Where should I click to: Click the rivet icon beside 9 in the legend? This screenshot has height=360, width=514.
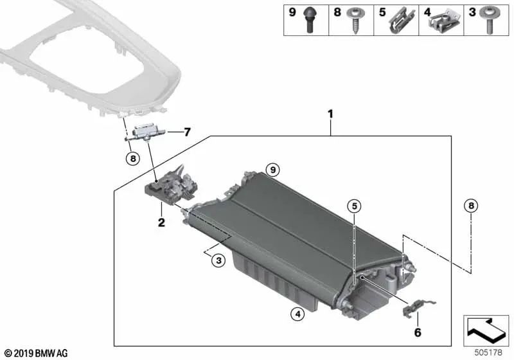click(x=310, y=20)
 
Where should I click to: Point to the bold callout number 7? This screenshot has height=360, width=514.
click(x=187, y=132)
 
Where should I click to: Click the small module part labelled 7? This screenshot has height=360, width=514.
click(x=148, y=132)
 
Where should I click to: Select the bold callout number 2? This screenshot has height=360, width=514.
click(x=161, y=222)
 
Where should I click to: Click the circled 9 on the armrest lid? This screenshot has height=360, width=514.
click(x=273, y=170)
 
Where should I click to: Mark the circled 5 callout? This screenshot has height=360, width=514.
click(x=354, y=206)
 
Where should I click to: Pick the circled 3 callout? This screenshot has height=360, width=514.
click(x=218, y=260)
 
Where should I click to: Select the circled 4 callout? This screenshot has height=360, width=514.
click(x=296, y=314)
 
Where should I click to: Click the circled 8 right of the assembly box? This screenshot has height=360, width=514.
click(x=472, y=206)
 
